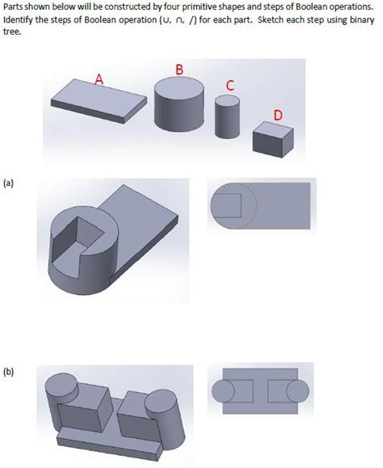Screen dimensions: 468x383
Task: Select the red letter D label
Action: point(277,116)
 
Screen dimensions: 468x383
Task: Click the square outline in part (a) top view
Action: point(225,203)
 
